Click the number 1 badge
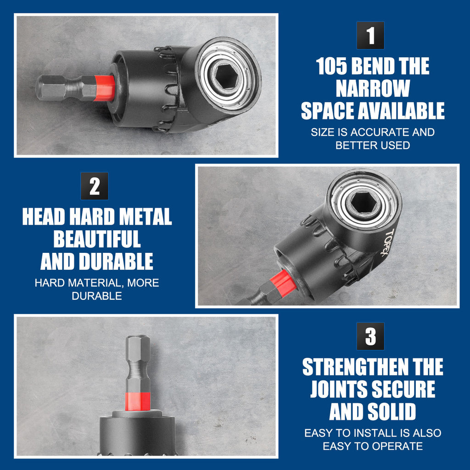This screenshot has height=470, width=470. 370,35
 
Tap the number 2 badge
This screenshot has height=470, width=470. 95,186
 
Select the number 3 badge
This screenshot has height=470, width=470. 370,336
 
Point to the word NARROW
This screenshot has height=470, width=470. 373,89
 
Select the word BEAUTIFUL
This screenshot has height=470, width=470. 97,239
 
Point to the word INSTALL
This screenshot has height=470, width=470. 376,433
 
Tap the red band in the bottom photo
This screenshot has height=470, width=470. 138,401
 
